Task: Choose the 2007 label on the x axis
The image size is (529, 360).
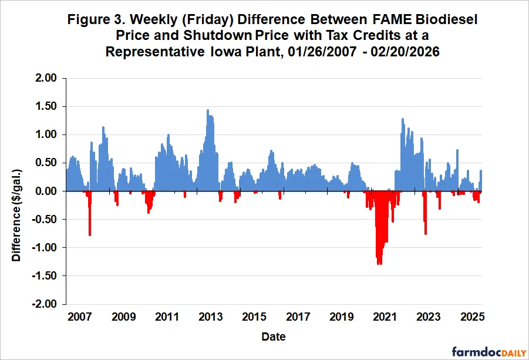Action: click(x=79, y=318)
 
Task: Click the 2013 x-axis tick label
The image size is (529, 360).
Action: click(x=210, y=318)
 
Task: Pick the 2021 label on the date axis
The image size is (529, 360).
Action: click(x=385, y=318)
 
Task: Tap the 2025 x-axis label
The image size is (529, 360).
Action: click(x=471, y=318)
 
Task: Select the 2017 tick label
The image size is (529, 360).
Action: click(x=298, y=318)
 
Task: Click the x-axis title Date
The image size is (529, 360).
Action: click(x=274, y=337)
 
